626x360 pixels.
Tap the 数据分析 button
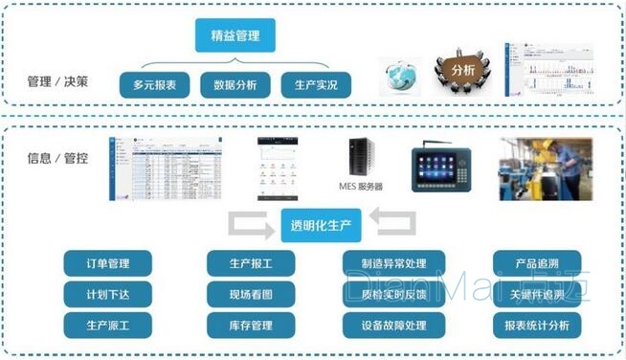pyautogui.click(x=235, y=85)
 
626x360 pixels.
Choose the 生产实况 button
pyautogui.click(x=315, y=85)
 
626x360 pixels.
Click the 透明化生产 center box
pyautogui.click(x=313, y=227)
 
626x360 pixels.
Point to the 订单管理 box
pyautogui.click(x=108, y=263)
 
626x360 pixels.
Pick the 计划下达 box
pyautogui.click(x=108, y=294)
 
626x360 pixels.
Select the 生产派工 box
pyautogui.click(x=108, y=326)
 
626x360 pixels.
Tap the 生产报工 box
pyautogui.click(x=251, y=263)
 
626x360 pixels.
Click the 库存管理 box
pyautogui.click(x=251, y=326)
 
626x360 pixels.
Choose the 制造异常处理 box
pyautogui.click(x=393, y=263)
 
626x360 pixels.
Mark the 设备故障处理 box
pyautogui.click(x=393, y=326)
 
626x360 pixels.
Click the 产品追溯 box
pyautogui.click(x=535, y=263)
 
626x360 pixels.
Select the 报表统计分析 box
pyautogui.click(x=535, y=326)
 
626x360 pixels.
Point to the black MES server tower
pyautogui.click(x=360, y=157)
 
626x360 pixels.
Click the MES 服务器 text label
pyautogui.click(x=361, y=187)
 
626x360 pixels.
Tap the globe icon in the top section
pyautogui.click(x=401, y=76)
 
